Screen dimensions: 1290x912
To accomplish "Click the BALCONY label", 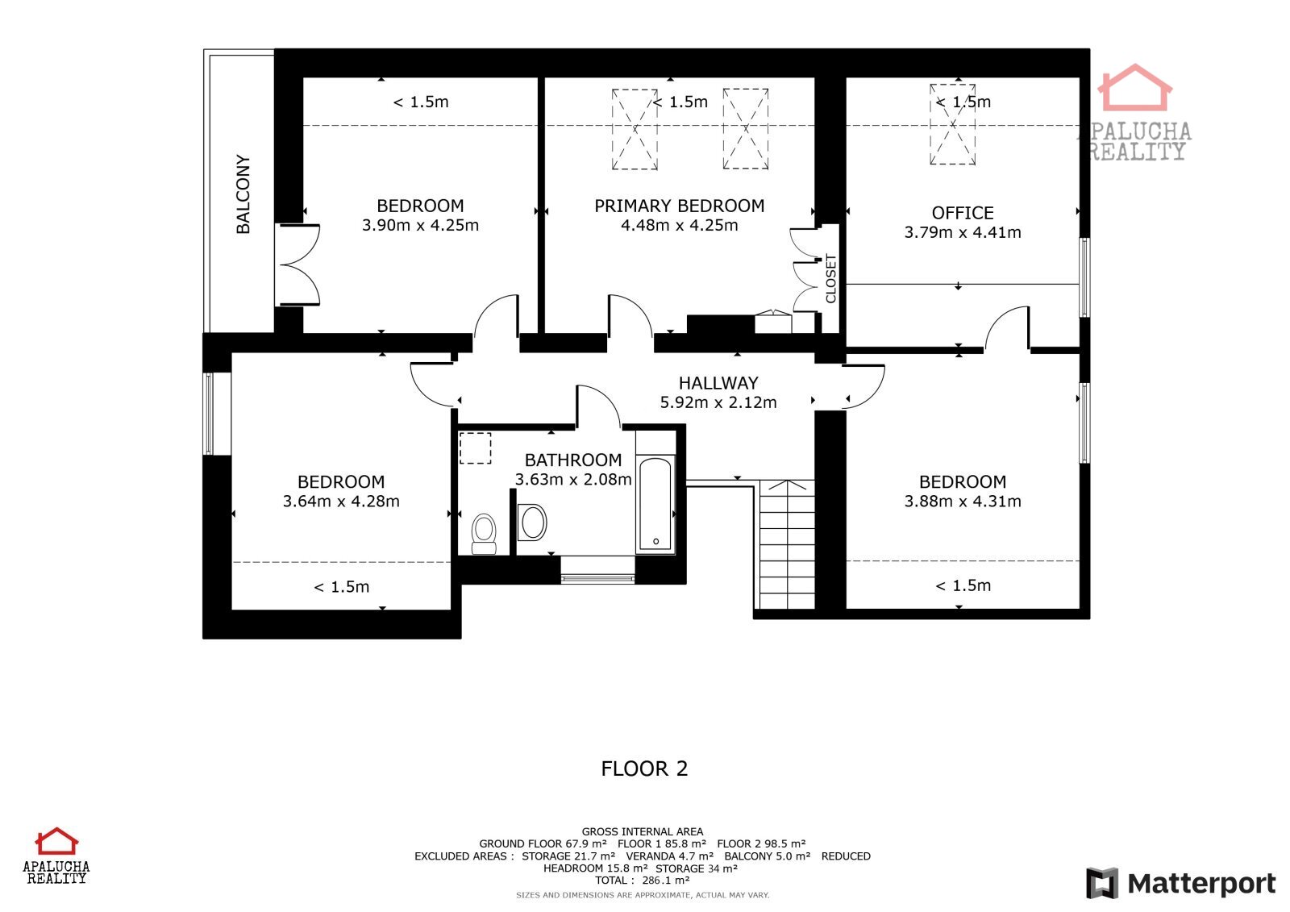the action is (x=243, y=194).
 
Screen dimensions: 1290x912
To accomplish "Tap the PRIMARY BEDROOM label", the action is (x=680, y=206).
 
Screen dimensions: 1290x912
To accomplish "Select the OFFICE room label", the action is (x=963, y=213).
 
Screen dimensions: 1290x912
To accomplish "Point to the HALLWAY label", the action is (x=718, y=383).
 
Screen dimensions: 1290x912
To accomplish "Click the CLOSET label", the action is (x=830, y=278).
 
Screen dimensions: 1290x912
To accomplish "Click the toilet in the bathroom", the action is (x=484, y=534).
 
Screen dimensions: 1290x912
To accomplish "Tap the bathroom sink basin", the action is (x=533, y=523).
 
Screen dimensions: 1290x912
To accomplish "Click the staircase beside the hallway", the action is (x=787, y=544).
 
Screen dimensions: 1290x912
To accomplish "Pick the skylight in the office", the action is (x=952, y=124).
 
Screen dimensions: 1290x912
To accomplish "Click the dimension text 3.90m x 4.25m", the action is (x=420, y=225).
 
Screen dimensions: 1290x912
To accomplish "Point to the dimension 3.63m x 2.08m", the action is (x=573, y=479).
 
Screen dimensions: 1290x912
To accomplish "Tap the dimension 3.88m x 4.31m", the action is (x=963, y=502).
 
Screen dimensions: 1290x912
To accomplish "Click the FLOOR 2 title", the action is (x=644, y=768).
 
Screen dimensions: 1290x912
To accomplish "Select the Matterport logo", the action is (x=1181, y=883).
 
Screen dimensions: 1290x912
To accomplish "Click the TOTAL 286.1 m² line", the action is (x=643, y=881).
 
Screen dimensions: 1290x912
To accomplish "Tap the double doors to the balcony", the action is (x=298, y=264).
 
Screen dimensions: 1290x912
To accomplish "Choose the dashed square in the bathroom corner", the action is (x=475, y=448).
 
